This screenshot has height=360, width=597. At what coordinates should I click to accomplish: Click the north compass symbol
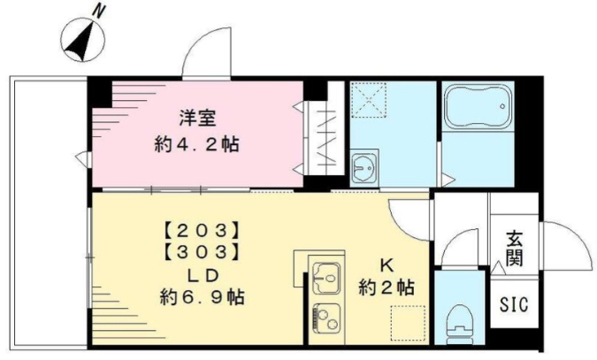click(x=82, y=40)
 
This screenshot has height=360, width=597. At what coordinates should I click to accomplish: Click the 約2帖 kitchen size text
click(x=387, y=287)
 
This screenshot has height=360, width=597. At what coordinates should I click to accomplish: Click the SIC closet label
click(x=515, y=304)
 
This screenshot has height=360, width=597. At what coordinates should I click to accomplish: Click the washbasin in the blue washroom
click(x=363, y=168)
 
